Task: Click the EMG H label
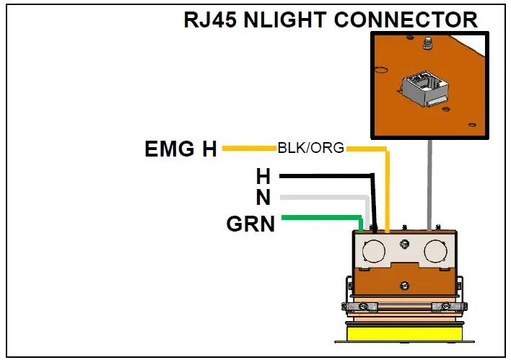click(180, 149)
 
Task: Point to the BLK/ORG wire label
click(310, 149)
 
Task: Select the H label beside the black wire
click(263, 175)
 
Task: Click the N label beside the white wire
click(263, 197)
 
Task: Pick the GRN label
click(250, 224)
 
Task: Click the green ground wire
click(318, 217)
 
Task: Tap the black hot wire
click(325, 175)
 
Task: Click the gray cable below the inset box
click(430, 180)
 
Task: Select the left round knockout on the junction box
click(373, 250)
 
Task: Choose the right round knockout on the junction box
click(436, 250)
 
